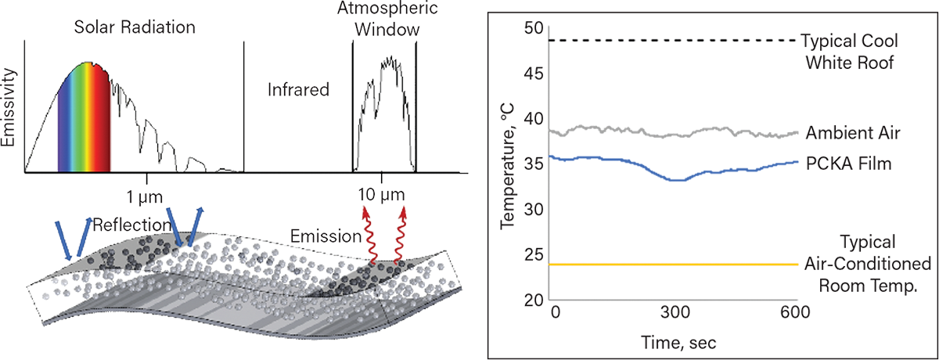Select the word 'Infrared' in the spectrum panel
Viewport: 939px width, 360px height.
(299, 92)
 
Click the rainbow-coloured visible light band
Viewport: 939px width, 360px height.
(82, 117)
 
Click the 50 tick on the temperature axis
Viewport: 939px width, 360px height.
(534, 28)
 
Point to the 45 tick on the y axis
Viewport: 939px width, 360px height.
(534, 74)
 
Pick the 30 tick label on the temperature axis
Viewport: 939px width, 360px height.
(534, 211)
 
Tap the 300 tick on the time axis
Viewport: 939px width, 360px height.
(674, 311)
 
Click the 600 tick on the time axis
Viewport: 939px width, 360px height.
(794, 311)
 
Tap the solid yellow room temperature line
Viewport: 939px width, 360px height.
(673, 265)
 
